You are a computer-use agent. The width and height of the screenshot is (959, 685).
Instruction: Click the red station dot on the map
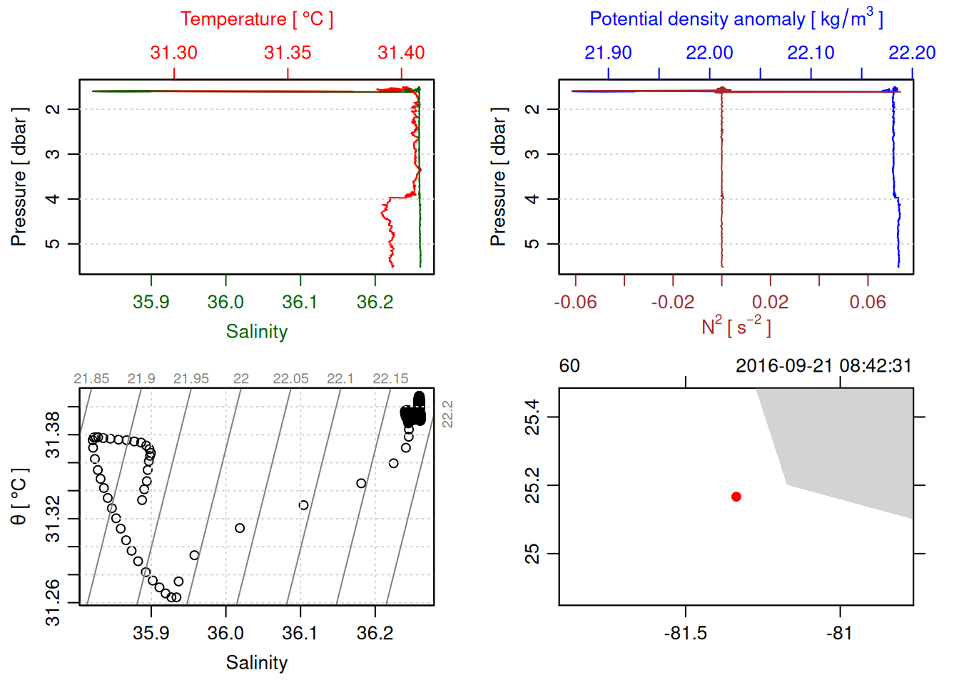(736, 497)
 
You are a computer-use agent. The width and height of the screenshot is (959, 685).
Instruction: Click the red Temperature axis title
(256, 19)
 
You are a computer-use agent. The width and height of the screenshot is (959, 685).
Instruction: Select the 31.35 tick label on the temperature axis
(288, 53)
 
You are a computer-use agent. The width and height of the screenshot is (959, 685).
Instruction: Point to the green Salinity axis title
(256, 332)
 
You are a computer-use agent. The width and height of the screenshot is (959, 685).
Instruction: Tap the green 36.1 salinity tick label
(300, 303)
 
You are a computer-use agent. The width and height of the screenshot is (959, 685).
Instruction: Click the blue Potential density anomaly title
(736, 19)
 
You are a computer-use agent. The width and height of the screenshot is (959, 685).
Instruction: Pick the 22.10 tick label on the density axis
(811, 53)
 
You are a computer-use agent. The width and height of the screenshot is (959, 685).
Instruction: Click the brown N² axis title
(736, 327)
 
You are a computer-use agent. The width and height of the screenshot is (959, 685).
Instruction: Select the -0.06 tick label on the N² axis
(575, 303)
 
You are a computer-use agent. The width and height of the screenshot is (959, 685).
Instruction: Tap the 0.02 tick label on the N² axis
(770, 303)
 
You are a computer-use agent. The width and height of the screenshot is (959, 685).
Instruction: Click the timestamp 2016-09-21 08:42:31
(823, 366)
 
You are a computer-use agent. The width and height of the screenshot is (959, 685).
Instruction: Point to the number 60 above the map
(569, 366)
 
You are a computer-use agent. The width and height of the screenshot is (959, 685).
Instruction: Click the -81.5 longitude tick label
(685, 634)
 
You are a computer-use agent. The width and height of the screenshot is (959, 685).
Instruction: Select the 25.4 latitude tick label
(532, 417)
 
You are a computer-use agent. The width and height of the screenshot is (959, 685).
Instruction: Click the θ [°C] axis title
(19, 497)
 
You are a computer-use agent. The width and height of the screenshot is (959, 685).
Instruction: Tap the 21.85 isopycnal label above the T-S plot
(91, 379)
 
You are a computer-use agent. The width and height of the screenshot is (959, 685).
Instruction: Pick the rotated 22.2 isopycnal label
(447, 414)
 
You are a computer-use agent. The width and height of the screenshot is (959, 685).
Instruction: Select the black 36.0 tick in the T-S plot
(225, 634)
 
